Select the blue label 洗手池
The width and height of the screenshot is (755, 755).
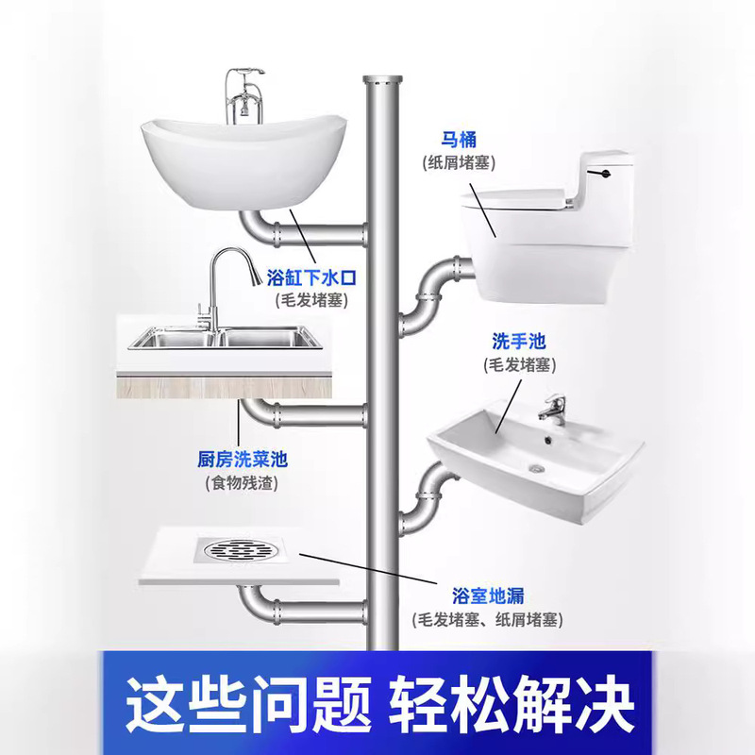pos(519,341)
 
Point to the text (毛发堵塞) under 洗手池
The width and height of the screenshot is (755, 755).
pos(519,363)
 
